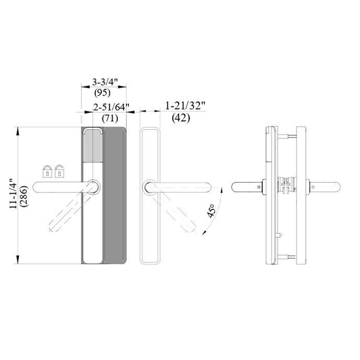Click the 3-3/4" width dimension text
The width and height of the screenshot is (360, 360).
(x=103, y=82)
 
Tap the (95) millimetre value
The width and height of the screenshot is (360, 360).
(x=102, y=93)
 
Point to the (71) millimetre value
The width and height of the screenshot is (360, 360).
(x=110, y=118)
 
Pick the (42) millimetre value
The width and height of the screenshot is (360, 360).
(x=181, y=118)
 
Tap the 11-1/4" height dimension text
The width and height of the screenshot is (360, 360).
(x=13, y=193)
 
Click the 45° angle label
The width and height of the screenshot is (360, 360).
(x=211, y=211)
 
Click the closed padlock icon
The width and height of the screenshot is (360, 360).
(x=47, y=171)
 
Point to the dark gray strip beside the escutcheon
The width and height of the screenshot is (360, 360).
(x=114, y=194)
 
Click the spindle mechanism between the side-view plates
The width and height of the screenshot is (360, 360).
(x=286, y=186)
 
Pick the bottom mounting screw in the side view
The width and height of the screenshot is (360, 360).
(x=286, y=256)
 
